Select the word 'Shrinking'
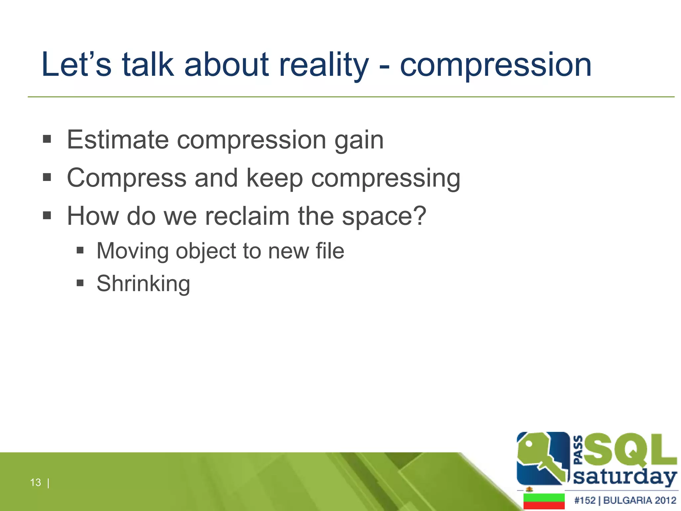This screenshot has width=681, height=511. click(143, 284)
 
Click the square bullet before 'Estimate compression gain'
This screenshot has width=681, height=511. click(47, 139)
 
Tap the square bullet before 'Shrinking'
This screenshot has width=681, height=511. click(80, 283)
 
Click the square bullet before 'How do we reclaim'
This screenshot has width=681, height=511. click(47, 215)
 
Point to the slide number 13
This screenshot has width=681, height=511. click(36, 482)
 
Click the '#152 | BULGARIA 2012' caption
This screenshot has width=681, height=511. click(625, 500)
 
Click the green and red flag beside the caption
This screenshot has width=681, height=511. click(544, 501)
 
